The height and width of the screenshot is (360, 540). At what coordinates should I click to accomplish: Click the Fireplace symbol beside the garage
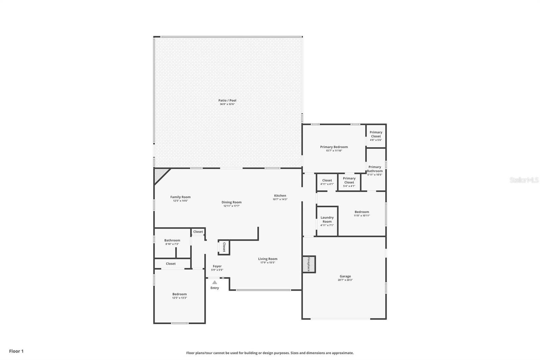pyautogui.click(x=308, y=264)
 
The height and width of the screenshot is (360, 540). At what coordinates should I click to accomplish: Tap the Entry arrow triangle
pyautogui.click(x=215, y=282)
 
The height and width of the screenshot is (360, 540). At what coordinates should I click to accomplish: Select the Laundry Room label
pyautogui.click(x=327, y=220)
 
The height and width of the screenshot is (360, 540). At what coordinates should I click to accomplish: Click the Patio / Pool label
pyautogui.click(x=227, y=100)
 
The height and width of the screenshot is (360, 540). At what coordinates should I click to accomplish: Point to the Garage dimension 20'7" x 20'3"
pyautogui.click(x=345, y=280)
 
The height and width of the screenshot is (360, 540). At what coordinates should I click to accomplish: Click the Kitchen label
pyautogui.click(x=280, y=196)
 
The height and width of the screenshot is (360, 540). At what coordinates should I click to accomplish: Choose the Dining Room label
pyautogui.click(x=232, y=202)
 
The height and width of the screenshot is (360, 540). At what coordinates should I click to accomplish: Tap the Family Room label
pyautogui.click(x=180, y=197)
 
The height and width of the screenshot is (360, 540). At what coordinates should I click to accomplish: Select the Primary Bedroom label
pyautogui.click(x=334, y=147)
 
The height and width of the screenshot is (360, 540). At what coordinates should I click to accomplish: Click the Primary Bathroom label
pyautogui.click(x=375, y=169)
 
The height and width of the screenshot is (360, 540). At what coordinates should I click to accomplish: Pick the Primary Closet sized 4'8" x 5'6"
pyautogui.click(x=376, y=134)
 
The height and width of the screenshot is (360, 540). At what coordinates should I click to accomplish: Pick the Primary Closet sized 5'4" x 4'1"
pyautogui.click(x=349, y=180)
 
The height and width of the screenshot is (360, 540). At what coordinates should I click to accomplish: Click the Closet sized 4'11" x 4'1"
pyautogui.click(x=327, y=180)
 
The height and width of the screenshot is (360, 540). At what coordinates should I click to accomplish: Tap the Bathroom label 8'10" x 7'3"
pyautogui.click(x=172, y=240)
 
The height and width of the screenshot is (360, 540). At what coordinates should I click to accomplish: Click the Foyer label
pyautogui.click(x=217, y=266)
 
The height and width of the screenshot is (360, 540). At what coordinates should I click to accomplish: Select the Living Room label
pyautogui.click(x=268, y=259)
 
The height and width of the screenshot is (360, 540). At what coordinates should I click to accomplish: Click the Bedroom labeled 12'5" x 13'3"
pyautogui.click(x=180, y=294)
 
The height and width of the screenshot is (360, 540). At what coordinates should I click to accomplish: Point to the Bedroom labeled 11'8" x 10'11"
pyautogui.click(x=362, y=212)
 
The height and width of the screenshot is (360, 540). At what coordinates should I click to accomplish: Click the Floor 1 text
pyautogui.click(x=16, y=351)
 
